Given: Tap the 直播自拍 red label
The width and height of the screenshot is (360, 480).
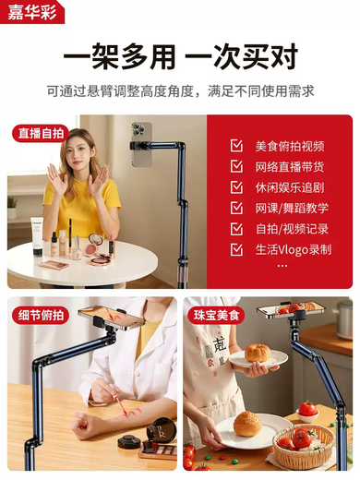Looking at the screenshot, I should [x=41, y=133].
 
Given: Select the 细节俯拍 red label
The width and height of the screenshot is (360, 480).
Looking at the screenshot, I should [x=41, y=315].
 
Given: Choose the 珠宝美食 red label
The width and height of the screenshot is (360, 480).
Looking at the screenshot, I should [x=216, y=315].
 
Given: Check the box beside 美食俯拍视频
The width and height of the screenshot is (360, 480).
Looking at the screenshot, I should [x=237, y=146].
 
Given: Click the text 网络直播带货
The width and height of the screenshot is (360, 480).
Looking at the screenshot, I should [x=290, y=167].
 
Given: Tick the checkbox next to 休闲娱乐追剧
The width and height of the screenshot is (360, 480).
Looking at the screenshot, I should [x=237, y=187].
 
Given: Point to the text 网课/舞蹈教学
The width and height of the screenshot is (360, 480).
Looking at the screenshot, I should [x=290, y=209].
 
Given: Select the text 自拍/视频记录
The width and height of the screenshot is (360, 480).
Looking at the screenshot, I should [x=290, y=229].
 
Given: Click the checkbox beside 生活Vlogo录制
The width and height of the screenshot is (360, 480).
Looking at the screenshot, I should [x=237, y=250].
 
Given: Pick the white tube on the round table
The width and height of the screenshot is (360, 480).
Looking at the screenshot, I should [x=38, y=236].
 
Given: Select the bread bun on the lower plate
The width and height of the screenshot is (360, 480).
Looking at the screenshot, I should [x=246, y=424].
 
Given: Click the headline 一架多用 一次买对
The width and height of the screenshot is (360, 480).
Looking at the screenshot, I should [x=180, y=58].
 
